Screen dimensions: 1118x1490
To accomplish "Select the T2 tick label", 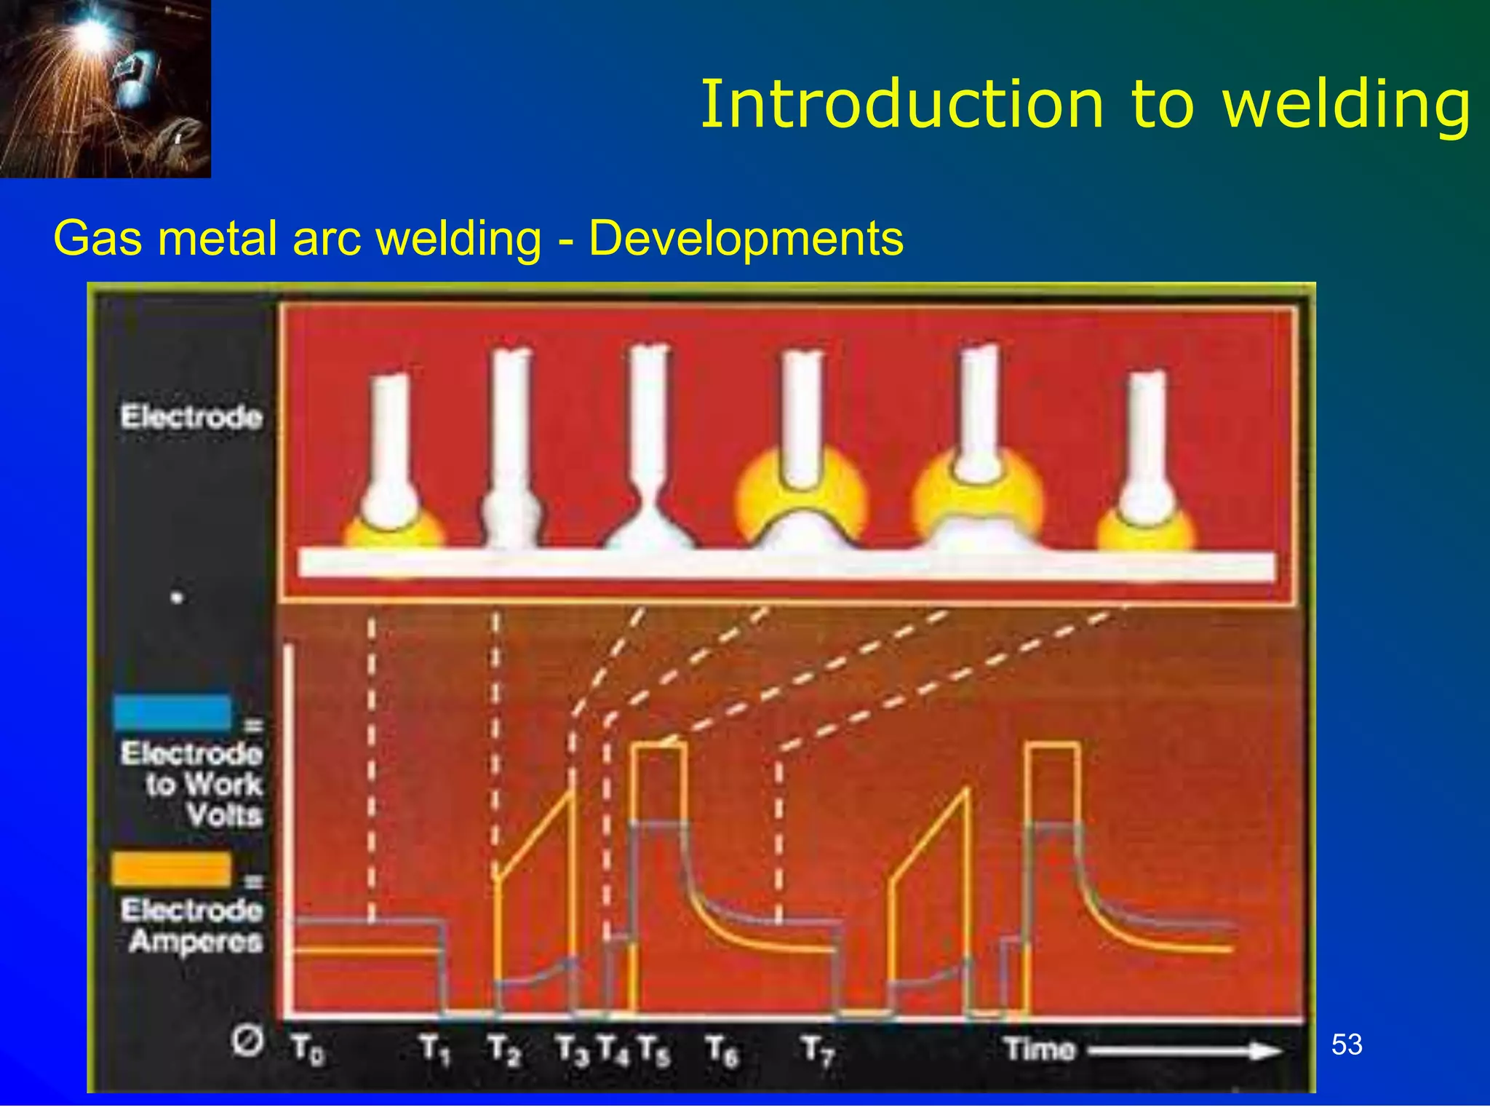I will coord(504,1050).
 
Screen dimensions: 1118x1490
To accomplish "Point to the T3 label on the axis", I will coord(572,1050).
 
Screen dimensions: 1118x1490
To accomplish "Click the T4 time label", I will coord(613,1050).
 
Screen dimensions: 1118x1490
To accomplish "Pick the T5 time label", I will coord(654,1050).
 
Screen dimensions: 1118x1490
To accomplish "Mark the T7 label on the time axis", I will coord(818,1050).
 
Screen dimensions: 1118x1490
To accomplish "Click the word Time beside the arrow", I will coord(1039,1050).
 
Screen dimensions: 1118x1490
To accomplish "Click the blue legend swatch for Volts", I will coord(172,713).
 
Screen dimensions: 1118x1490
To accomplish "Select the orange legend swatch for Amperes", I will coord(172,869).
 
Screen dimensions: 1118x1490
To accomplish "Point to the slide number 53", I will coord(1347,1045).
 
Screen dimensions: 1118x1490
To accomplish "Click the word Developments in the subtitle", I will coord(746,239).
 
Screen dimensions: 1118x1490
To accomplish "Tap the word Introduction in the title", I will coord(902,105).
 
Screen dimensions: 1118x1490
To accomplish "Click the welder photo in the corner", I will coord(105,88).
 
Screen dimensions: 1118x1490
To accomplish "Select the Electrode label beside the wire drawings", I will coord(191,417).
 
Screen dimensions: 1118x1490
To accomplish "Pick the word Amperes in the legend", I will coord(196,942).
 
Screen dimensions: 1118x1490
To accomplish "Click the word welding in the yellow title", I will coord(1347,105).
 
